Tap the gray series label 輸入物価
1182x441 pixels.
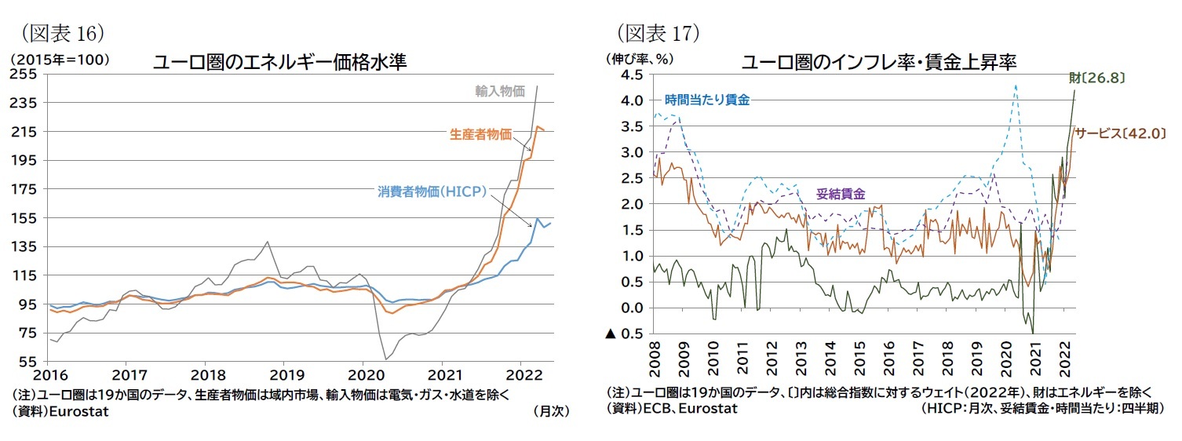coord(499,91)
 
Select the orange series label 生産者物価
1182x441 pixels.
coord(480,135)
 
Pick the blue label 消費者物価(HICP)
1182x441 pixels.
coord(432,191)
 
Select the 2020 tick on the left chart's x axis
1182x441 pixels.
coord(363,374)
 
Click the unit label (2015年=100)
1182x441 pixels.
coord(60,59)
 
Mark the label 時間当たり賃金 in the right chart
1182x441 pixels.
coord(706,100)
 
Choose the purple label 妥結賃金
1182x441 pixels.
coord(841,193)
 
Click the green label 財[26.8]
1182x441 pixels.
coord(1097,78)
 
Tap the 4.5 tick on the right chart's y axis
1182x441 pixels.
coord(633,75)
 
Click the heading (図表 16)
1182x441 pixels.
coord(63,33)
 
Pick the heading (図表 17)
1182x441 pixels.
coord(658,33)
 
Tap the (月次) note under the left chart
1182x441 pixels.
coord(550,410)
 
